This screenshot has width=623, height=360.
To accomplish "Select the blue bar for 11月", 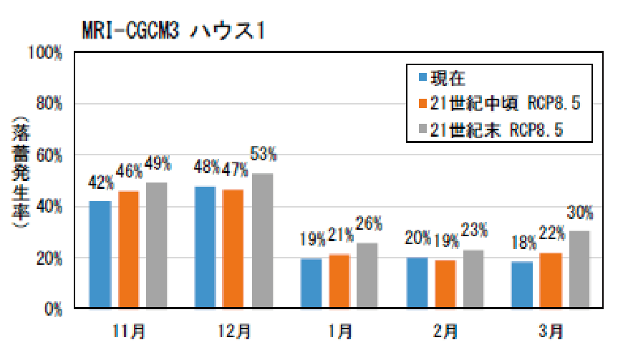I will coord(100,254).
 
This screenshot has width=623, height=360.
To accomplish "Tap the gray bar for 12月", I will coord(262,240).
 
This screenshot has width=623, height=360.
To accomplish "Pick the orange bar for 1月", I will coord(340,281).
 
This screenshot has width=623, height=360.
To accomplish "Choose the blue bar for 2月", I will coord(418,282).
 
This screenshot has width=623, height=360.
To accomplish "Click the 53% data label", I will coord(263,154).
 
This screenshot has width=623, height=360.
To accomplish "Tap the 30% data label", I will coord(580,213).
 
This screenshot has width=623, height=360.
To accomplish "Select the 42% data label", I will coord(100,183).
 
